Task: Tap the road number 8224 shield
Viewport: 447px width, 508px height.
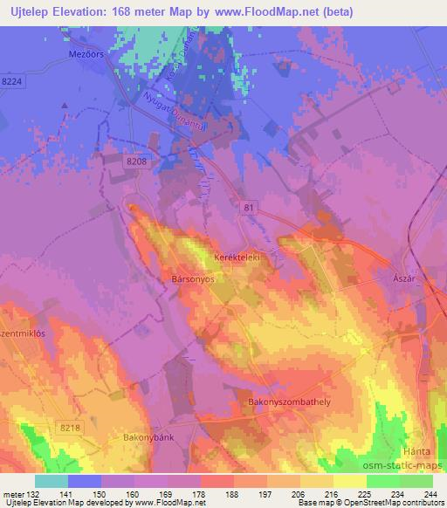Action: click(13, 80)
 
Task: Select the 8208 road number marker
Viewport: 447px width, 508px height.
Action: click(135, 161)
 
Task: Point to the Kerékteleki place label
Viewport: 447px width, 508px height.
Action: click(237, 258)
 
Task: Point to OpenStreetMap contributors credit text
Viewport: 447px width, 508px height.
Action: click(402, 503)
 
